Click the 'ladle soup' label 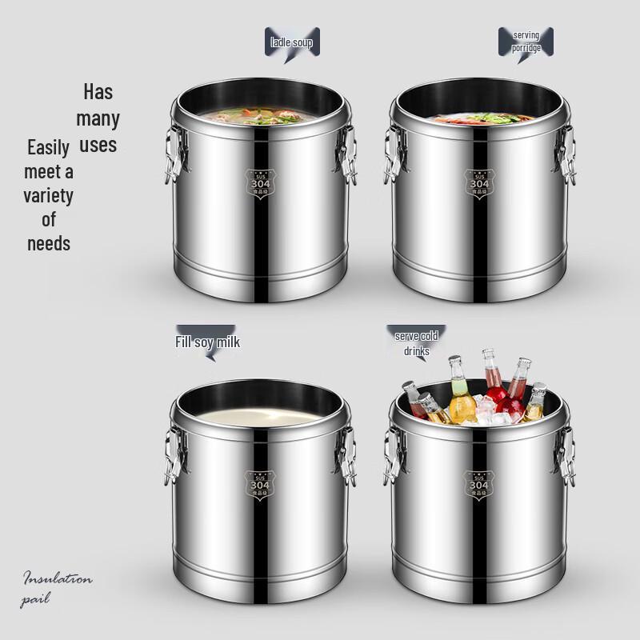(292, 42)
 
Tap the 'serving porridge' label (526, 41)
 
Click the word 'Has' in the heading (98, 91)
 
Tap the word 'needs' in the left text (49, 243)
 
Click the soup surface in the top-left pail (261, 118)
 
